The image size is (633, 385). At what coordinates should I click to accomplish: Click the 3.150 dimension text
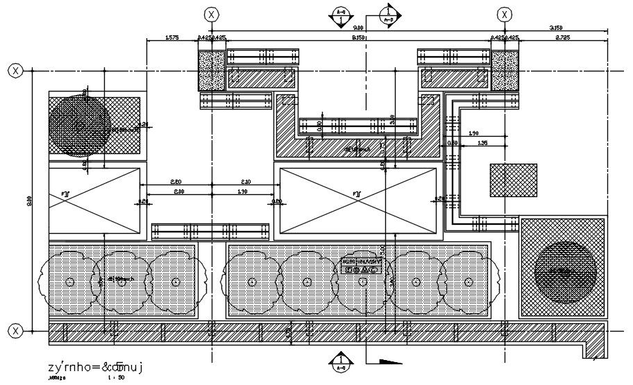tap(556, 28)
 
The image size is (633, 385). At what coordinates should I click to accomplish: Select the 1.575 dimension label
tap(172, 37)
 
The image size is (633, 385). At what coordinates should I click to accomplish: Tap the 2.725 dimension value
tap(563, 37)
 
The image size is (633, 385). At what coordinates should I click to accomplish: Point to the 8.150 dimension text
tap(359, 37)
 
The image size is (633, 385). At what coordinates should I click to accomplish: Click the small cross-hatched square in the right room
tap(513, 180)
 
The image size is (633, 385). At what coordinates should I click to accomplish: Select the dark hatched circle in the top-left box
tap(78, 124)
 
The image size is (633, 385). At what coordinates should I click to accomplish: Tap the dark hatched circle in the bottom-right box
tap(566, 271)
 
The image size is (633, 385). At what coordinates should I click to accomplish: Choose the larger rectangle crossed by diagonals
tap(357, 200)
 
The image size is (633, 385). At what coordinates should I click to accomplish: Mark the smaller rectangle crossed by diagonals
tap(94, 200)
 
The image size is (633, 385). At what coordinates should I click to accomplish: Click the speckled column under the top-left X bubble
tap(212, 71)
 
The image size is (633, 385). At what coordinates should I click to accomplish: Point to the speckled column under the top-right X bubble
tap(505, 71)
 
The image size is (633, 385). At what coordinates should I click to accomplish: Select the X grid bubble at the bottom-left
tap(15, 332)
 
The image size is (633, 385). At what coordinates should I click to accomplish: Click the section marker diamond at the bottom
tap(341, 361)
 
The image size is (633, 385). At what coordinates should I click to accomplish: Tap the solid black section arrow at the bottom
tap(388, 361)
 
